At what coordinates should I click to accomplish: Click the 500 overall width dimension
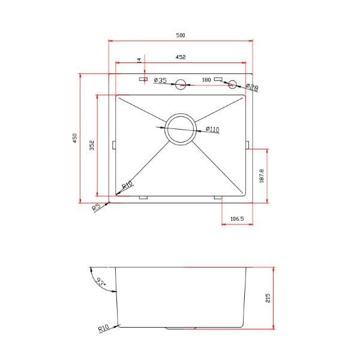(x=181, y=35)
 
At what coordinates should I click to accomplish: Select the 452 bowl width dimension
(x=181, y=57)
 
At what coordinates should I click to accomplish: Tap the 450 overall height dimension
(x=75, y=138)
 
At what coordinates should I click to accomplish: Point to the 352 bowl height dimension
(x=92, y=145)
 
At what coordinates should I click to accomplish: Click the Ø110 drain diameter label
(x=212, y=129)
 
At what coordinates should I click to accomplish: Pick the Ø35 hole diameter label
(x=160, y=80)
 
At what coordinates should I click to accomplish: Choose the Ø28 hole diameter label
(x=252, y=87)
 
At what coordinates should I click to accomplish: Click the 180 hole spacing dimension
(x=206, y=80)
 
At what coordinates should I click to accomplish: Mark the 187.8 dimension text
(x=262, y=176)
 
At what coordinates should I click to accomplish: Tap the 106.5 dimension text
(x=237, y=218)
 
